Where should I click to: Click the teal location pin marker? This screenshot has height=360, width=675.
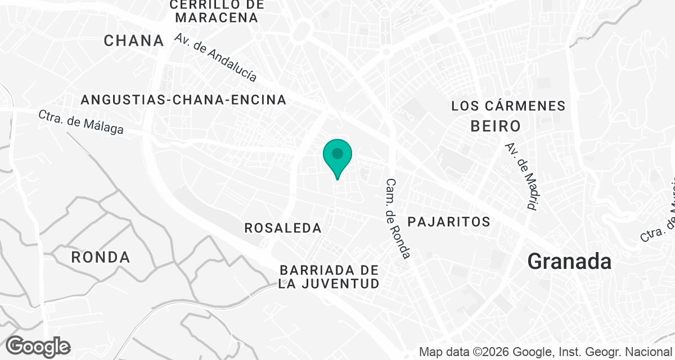tap(337, 157)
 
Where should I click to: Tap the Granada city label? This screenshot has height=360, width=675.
tap(569, 262)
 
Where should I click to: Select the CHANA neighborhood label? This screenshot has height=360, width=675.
tap(134, 40)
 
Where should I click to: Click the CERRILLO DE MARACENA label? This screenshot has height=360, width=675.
tap(217, 11)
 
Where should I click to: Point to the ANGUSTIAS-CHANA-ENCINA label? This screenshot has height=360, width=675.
tap(183, 100)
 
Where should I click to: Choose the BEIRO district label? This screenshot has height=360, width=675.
tap(496, 125)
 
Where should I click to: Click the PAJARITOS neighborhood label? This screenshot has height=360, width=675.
tap(449, 222)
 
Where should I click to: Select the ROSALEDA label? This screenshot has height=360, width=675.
tap(283, 228)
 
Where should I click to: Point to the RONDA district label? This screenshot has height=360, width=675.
tap(101, 258)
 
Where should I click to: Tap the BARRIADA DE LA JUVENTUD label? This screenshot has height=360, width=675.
tap(329, 277)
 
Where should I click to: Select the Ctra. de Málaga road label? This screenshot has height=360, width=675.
tap(81, 121)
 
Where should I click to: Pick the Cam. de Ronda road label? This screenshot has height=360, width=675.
tap(398, 219)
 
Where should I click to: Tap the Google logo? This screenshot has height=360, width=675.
tap(38, 346)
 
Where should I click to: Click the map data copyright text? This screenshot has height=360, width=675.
tap(547, 353)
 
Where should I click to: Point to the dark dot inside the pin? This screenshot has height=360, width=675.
tap(337, 153)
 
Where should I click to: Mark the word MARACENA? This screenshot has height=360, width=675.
tap(217, 18)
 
